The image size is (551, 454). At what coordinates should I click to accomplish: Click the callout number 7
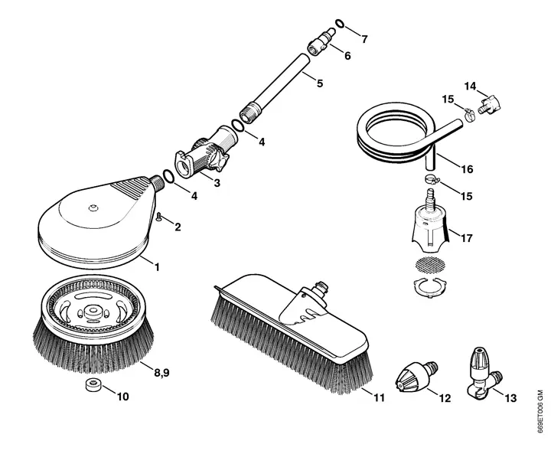click(x=364, y=39)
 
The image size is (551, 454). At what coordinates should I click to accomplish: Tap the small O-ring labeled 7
click(x=340, y=23)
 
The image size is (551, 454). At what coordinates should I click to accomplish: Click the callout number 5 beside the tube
click(x=319, y=83)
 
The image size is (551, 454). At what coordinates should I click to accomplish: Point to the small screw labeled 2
click(x=158, y=216)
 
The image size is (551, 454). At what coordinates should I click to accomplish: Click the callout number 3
click(x=217, y=183)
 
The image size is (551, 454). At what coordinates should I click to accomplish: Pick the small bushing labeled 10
click(x=94, y=385)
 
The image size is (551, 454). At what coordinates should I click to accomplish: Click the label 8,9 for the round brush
click(x=162, y=372)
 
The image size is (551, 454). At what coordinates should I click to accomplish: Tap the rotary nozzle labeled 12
click(x=416, y=376)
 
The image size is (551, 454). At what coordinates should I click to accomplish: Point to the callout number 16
click(x=467, y=169)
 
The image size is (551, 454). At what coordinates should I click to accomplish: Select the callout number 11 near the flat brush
click(x=379, y=397)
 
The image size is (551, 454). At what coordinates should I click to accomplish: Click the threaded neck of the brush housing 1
click(x=157, y=183)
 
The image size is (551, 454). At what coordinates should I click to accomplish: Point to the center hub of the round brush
click(x=93, y=311)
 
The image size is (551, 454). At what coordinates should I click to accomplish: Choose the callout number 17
click(x=467, y=238)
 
